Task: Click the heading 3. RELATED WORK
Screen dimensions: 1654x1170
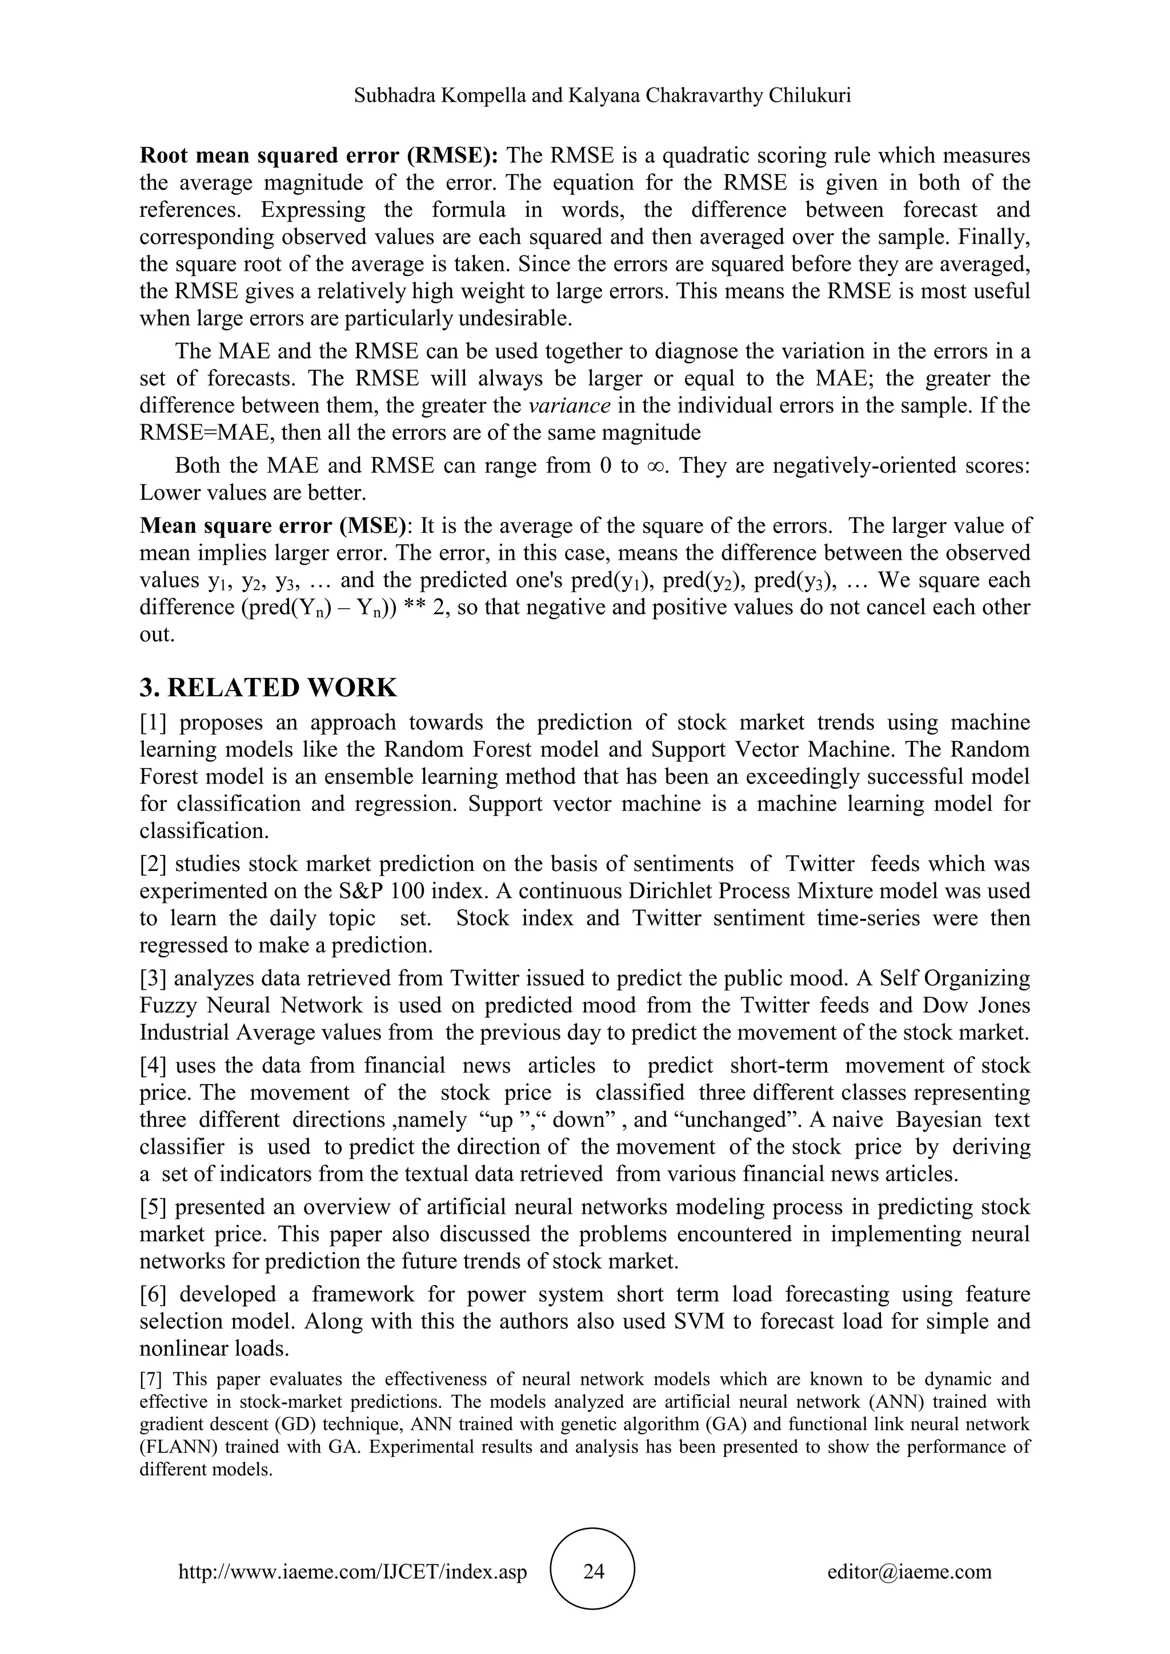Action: [x=268, y=688]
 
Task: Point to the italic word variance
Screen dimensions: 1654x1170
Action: [x=569, y=406]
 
